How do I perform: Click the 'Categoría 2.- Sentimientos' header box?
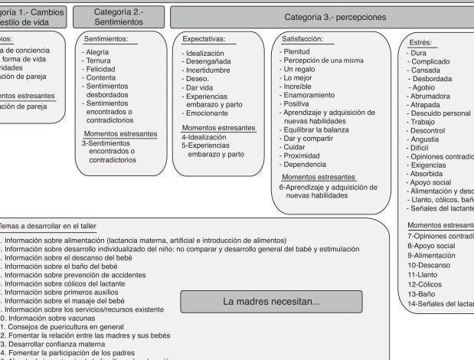[118, 17]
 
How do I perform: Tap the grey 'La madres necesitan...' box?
[271, 301]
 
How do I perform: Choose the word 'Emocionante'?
[209, 113]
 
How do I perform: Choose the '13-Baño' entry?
[422, 293]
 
